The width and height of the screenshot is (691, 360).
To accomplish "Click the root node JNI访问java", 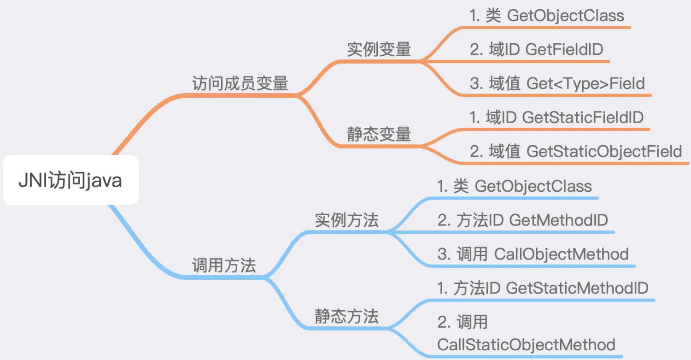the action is tap(70, 180).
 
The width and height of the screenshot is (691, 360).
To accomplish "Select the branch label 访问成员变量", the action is tap(240, 83).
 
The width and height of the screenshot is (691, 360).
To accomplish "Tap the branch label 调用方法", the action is tap(224, 266).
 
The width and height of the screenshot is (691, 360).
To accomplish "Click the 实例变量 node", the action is tap(379, 49).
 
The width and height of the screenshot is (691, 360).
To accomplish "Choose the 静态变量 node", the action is tap(379, 135).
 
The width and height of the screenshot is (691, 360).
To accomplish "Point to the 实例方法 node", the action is tap(347, 220).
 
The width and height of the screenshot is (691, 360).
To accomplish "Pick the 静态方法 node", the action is tap(347, 317).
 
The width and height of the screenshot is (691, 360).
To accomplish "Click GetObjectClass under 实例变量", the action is tap(565, 16).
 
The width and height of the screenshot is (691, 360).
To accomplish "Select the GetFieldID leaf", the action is tap(564, 49).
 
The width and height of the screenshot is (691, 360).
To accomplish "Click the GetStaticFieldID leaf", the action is tap(582, 117).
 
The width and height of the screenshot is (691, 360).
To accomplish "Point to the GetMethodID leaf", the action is tap(558, 220).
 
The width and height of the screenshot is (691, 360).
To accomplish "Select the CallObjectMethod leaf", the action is tap(561, 254).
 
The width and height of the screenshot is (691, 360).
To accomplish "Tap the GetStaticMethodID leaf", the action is tap(577, 288).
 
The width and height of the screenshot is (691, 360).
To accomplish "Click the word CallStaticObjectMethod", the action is tap(526, 345).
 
